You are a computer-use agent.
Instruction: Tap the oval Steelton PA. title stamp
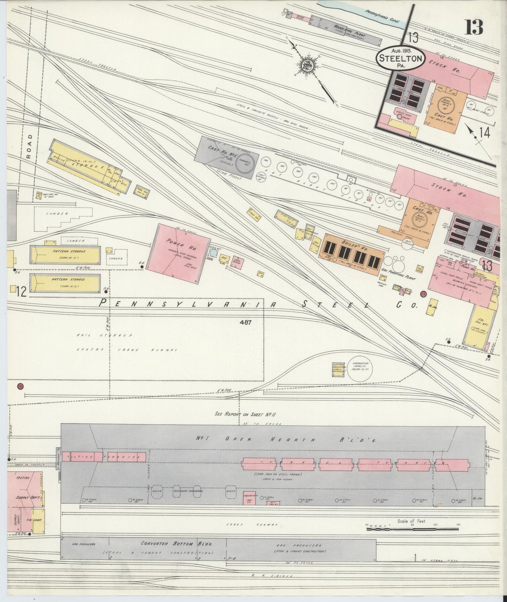pos(401,58)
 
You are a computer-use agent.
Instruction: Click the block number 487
pos(246,322)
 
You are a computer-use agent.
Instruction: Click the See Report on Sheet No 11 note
pos(246,414)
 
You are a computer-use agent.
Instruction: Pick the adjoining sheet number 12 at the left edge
pos(20,292)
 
